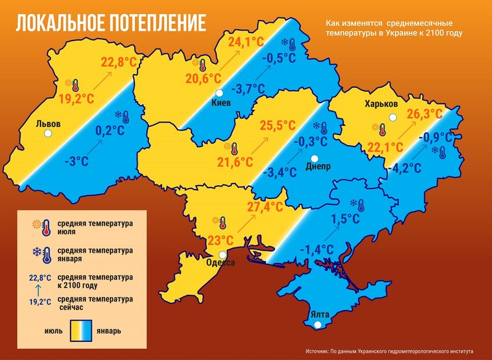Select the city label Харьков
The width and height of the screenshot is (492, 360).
[x=381, y=104]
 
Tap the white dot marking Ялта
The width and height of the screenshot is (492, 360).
[x=318, y=325]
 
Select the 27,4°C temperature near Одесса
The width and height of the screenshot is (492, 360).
[x=265, y=207]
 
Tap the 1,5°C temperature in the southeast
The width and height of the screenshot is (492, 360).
[x=344, y=218]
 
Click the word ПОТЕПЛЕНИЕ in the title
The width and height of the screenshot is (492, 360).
[x=154, y=22]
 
